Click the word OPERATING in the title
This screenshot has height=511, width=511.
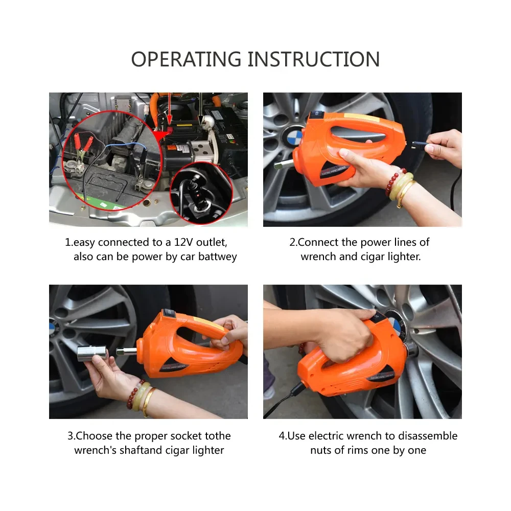187,59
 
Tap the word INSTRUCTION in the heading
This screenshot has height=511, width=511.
314,59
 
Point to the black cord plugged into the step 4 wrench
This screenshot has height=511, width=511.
286,399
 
